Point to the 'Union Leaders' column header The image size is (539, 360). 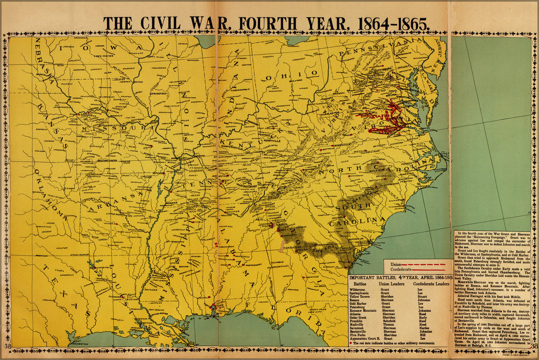tap(392, 283)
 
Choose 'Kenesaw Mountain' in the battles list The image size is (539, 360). tap(363, 311)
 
